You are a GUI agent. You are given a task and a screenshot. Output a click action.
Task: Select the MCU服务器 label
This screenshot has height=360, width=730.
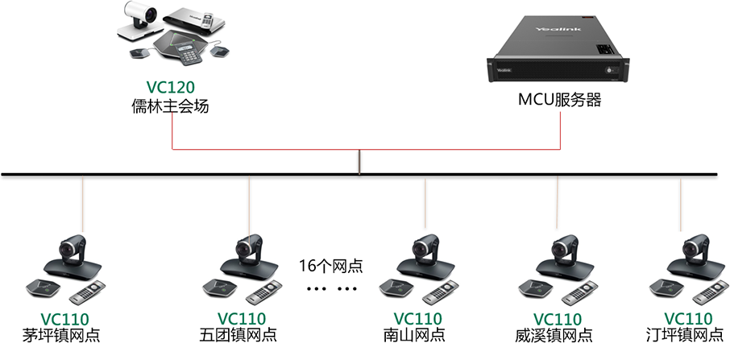[559, 102]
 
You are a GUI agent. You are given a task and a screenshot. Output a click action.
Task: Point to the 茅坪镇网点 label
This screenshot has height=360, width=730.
[63, 335]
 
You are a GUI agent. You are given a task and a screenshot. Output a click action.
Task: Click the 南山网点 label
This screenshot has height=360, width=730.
[417, 335]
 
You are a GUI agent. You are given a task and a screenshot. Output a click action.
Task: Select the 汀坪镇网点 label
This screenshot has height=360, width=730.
[686, 335]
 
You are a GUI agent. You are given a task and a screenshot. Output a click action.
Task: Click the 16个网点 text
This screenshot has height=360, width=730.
[330, 266]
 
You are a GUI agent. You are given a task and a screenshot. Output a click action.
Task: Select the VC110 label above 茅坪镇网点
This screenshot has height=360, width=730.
[64, 319]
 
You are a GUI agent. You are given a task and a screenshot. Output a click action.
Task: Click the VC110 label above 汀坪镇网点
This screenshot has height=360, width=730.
[687, 319]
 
